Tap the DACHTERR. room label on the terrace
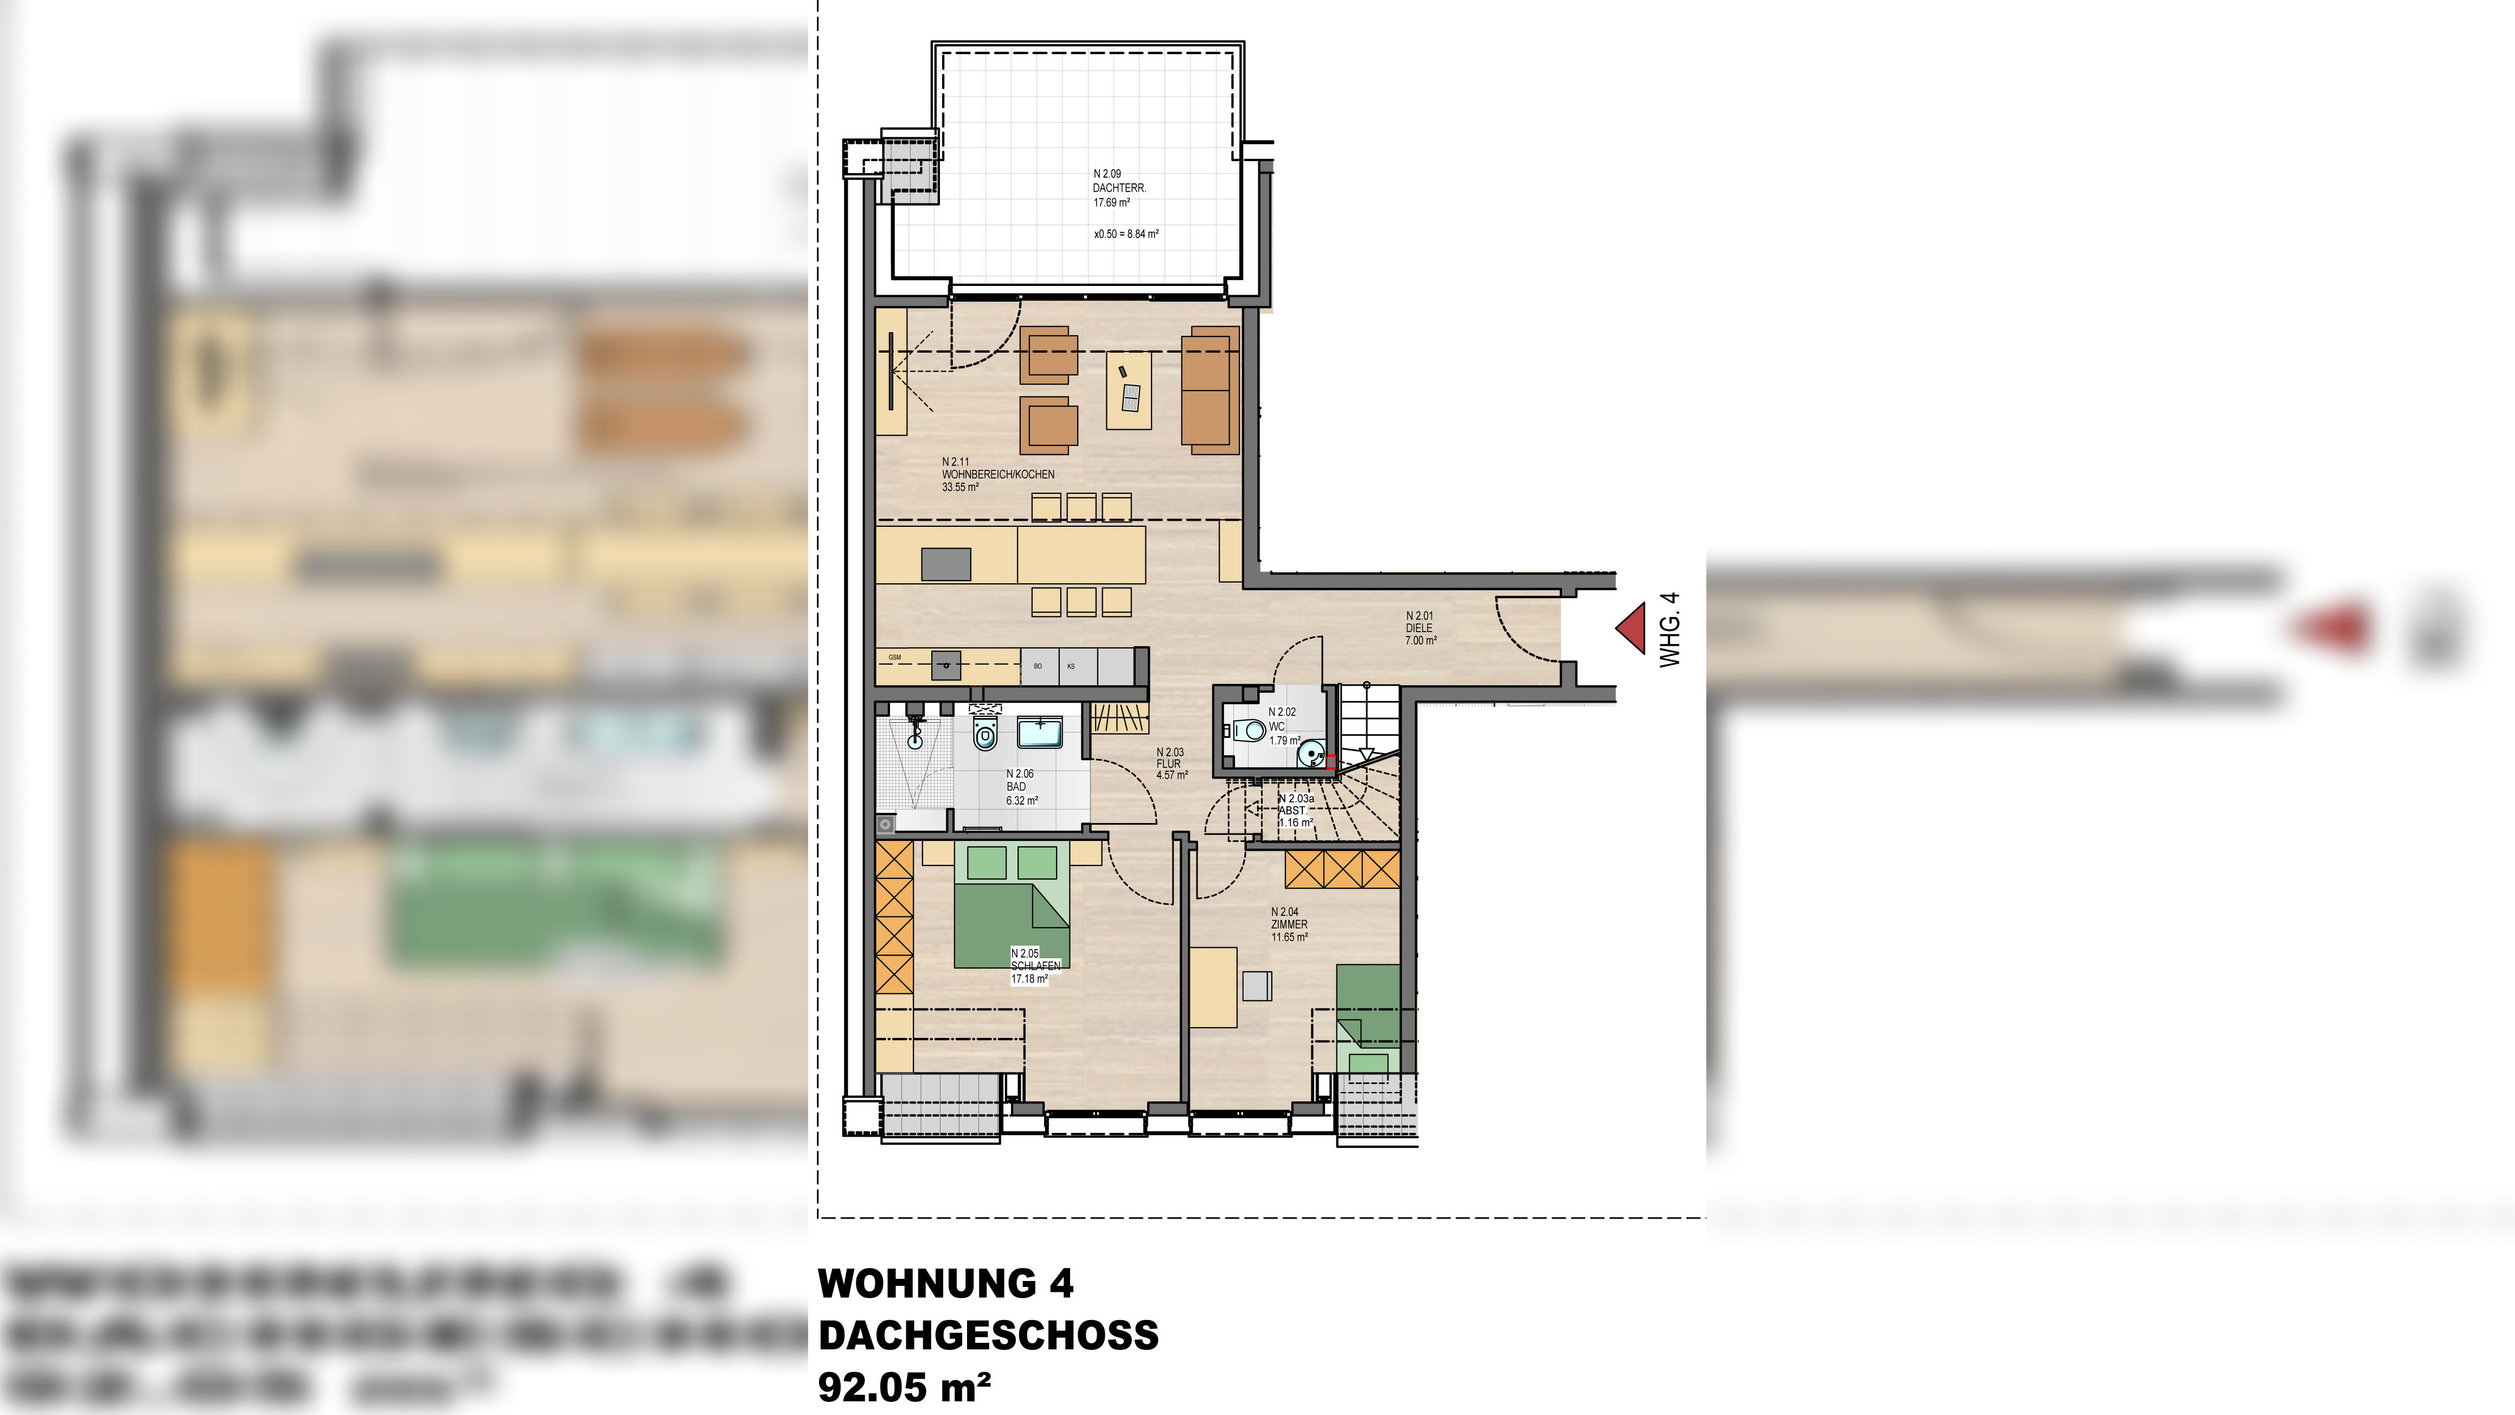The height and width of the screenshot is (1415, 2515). pyautogui.click(x=1119, y=188)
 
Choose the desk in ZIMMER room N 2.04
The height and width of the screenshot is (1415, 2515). pyautogui.click(x=1213, y=986)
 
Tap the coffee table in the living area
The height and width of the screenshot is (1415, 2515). pyautogui.click(x=1129, y=391)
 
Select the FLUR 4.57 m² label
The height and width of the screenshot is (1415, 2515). pyautogui.click(x=1170, y=763)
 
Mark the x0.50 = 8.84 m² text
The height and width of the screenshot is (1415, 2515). pyautogui.click(x=1125, y=234)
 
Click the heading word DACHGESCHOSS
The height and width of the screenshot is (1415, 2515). pyautogui.click(x=988, y=1335)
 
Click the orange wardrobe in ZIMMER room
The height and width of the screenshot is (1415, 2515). pyautogui.click(x=1342, y=868)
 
